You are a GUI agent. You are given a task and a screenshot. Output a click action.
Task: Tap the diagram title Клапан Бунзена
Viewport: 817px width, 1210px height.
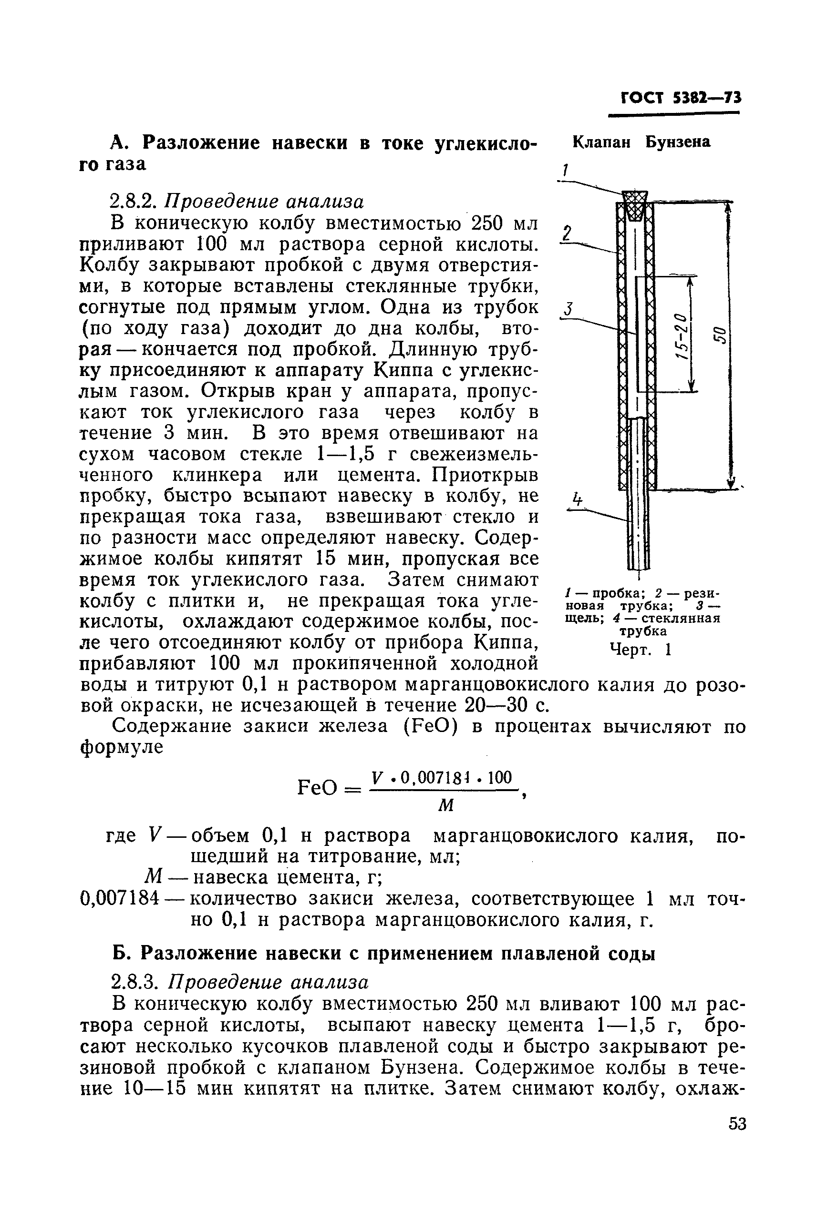(641, 142)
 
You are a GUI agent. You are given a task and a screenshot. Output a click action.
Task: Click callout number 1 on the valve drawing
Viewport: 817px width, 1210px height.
(564, 171)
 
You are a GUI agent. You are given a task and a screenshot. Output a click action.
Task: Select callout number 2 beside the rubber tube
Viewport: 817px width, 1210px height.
(568, 232)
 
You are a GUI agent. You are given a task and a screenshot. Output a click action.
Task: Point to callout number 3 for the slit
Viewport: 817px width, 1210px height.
(569, 309)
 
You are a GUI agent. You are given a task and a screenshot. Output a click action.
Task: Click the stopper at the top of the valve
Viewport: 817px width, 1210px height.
(636, 203)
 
